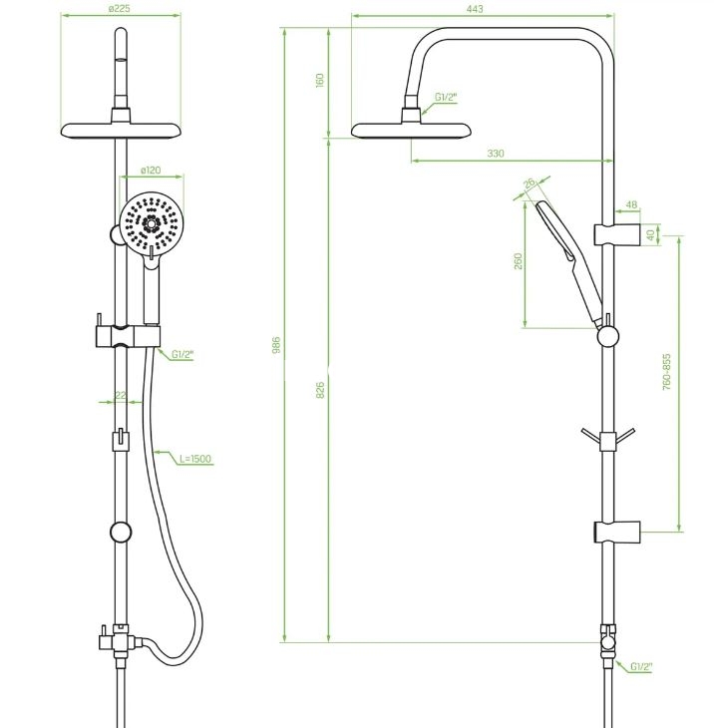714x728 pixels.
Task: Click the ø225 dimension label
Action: coord(120,8)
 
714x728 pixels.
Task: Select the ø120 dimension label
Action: coord(151,171)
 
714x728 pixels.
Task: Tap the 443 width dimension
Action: coord(475,9)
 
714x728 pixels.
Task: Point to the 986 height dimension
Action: coord(276,345)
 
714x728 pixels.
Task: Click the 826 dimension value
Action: coord(320,391)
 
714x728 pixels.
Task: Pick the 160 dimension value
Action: coord(319,80)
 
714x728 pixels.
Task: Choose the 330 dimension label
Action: coord(496,154)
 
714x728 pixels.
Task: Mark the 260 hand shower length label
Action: coord(519,261)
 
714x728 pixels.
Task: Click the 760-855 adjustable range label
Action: coord(667,372)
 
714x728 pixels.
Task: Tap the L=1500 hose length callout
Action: coord(195,459)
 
